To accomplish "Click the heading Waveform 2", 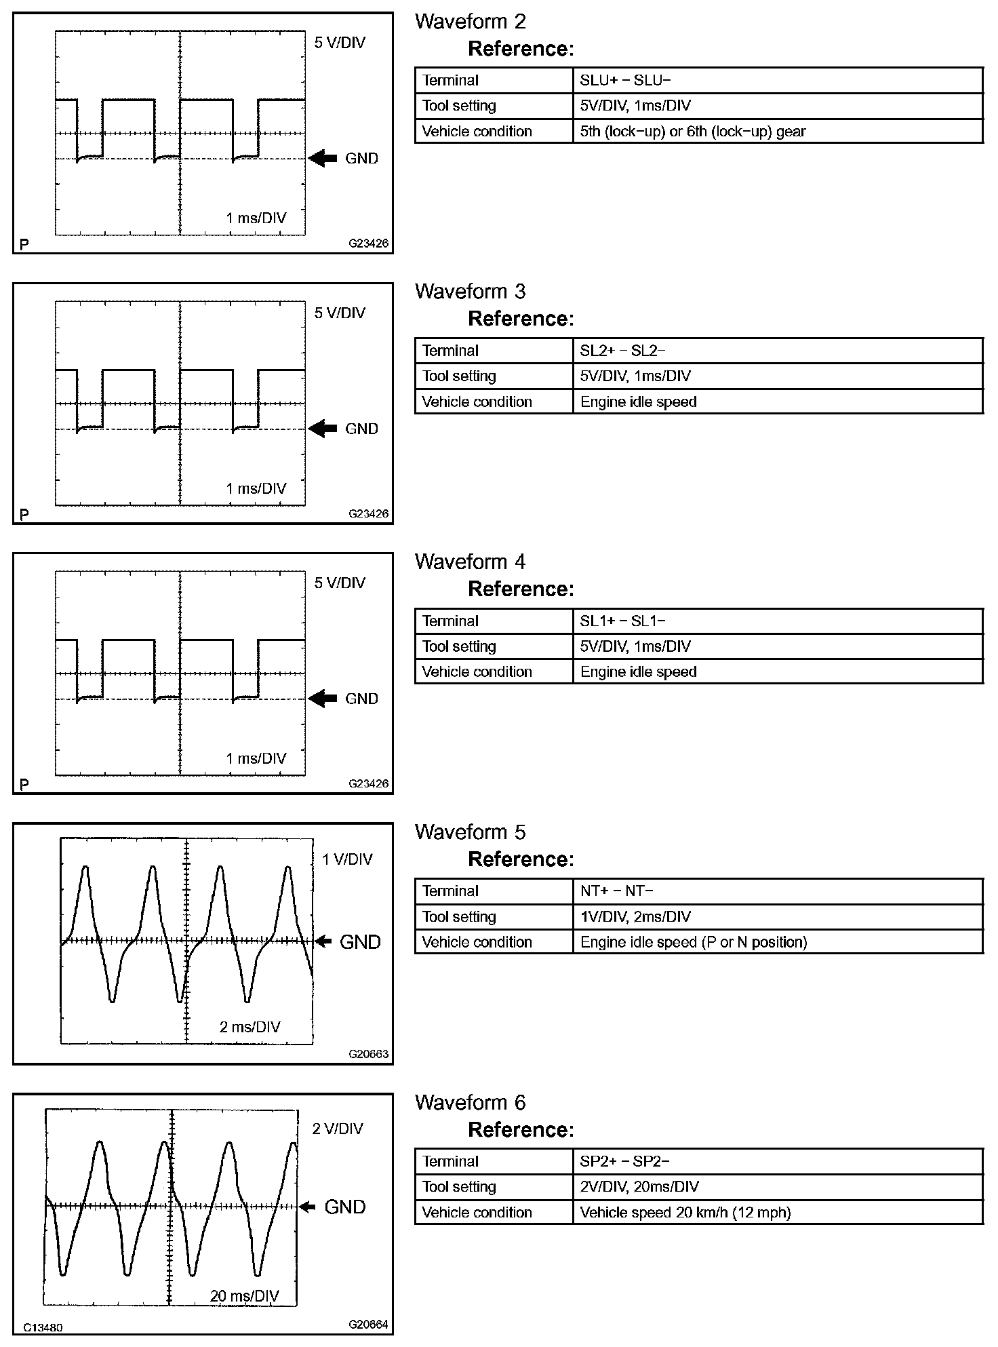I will [x=470, y=22].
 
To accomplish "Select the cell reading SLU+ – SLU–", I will [x=625, y=80].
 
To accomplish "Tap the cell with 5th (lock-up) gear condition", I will [x=692, y=132].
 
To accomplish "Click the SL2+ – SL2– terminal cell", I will [x=622, y=351].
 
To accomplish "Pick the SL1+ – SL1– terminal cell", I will [x=622, y=621].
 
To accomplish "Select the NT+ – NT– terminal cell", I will [x=616, y=891].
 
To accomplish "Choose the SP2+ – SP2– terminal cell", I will [x=624, y=1161].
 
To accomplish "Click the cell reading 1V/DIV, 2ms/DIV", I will [x=635, y=917].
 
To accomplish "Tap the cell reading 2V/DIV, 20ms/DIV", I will [x=639, y=1187].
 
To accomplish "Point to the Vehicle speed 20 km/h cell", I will [x=685, y=1213].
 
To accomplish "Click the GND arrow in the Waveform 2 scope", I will [x=323, y=159].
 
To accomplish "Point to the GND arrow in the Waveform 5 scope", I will [x=323, y=941].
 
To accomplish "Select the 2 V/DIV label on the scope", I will [x=337, y=1129].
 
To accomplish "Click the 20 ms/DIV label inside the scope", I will [x=244, y=1296].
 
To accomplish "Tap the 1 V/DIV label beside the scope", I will [x=347, y=859].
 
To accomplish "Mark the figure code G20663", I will [x=369, y=1054].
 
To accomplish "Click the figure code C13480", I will [x=43, y=1327].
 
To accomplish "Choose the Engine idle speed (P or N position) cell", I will [x=694, y=942].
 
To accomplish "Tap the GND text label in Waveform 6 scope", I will [x=345, y=1207].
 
